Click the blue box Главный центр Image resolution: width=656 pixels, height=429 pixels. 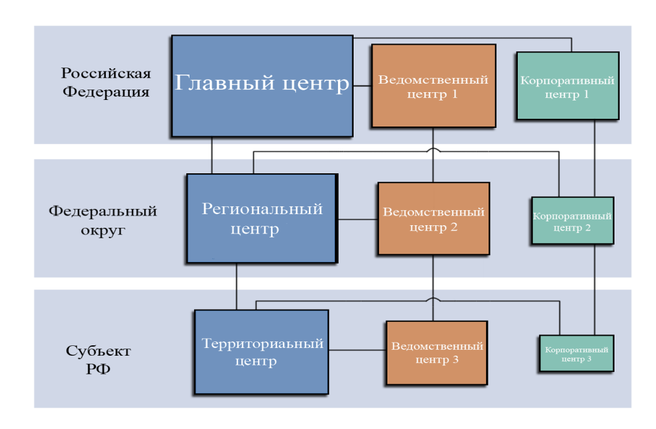tap(262, 86)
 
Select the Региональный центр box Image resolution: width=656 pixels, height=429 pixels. tap(261, 219)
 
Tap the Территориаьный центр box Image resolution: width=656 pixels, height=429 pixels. tap(261, 352)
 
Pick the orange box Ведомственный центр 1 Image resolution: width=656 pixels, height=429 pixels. tap(433, 86)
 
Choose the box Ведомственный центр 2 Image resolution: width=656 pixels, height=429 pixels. tap(433, 219)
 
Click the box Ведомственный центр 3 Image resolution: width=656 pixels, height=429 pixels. tap(434, 352)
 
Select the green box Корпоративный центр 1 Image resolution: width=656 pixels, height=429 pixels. tap(567, 86)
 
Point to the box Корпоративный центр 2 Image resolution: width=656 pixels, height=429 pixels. tap(572, 220)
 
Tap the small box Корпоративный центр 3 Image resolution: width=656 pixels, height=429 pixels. tap(576, 353)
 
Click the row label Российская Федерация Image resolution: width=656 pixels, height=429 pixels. tap(105, 82)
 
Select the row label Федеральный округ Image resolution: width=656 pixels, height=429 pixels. tap(103, 221)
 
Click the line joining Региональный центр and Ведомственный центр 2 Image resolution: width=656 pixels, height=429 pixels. tap(358, 219)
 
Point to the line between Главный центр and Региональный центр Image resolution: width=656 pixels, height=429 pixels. tap(212, 156)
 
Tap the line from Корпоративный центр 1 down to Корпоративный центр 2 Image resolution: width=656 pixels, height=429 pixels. tap(595, 158)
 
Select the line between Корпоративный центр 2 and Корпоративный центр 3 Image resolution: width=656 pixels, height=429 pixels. tap(595, 289)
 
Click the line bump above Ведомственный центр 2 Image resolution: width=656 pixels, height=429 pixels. tap(433, 151)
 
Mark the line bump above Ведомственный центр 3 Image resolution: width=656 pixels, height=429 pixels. tap(433, 300)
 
